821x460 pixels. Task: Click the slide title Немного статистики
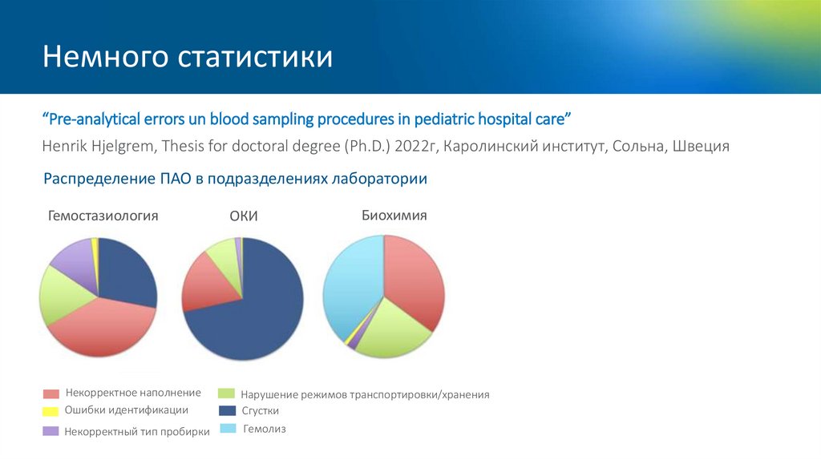click(x=188, y=58)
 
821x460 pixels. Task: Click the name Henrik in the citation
click(x=66, y=147)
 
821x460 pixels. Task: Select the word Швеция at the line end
click(x=701, y=147)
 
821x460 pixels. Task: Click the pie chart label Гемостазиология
click(x=103, y=216)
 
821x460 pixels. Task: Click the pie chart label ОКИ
click(x=244, y=216)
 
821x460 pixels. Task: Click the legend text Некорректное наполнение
click(x=133, y=393)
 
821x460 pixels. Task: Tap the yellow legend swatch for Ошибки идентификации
click(x=51, y=411)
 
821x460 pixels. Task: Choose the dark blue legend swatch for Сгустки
click(x=227, y=410)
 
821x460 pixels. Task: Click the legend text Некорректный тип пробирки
click(x=137, y=431)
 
